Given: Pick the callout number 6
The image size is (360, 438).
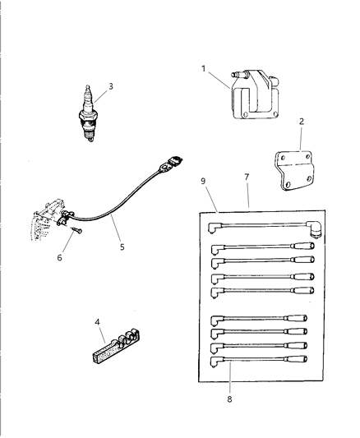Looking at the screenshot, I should click(x=58, y=256).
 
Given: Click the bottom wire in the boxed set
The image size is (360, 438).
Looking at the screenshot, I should click(x=263, y=359).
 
